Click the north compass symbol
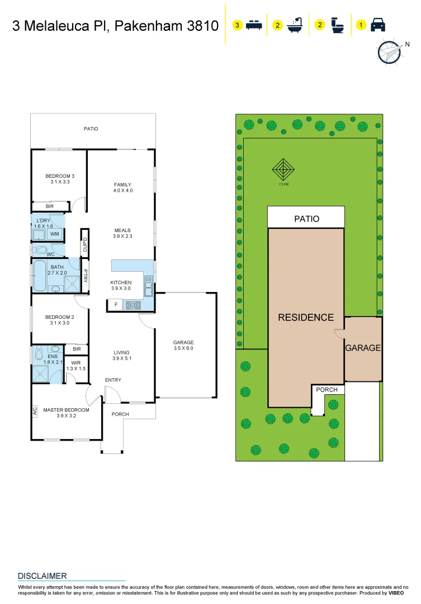click(x=389, y=53)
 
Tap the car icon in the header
click(x=378, y=25)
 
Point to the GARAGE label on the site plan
click(x=363, y=348)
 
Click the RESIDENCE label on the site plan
click(x=306, y=318)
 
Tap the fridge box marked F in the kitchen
click(x=116, y=305)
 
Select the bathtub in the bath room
click(x=40, y=276)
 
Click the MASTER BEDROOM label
click(x=67, y=410)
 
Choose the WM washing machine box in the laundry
click(x=55, y=234)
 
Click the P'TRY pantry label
click(x=86, y=276)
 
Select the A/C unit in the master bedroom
click(x=35, y=411)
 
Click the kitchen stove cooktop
click(x=133, y=305)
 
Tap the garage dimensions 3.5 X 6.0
click(x=183, y=348)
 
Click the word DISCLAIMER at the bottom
click(x=42, y=576)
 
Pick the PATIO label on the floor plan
click(x=91, y=129)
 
